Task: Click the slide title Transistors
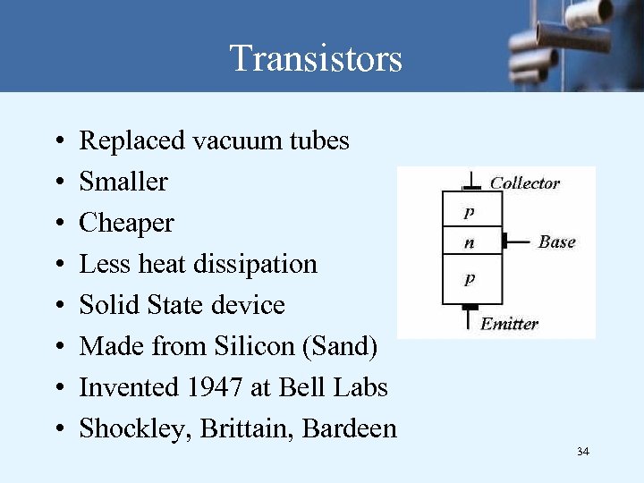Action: tap(316, 59)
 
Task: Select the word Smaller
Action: tap(123, 182)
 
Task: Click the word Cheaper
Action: tap(126, 223)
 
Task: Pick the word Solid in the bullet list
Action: tap(105, 305)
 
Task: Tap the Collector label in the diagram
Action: tap(524, 183)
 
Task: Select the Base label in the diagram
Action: tap(556, 241)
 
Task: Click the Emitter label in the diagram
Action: tap(510, 323)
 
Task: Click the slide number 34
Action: tap(583, 452)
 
